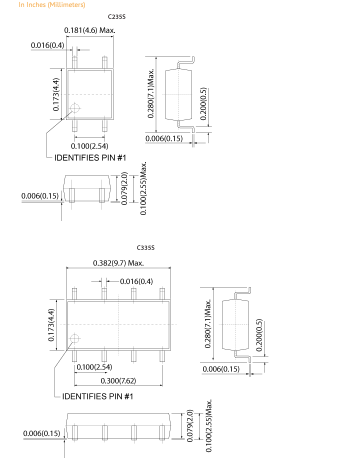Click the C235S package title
(x=116, y=17)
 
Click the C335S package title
(x=145, y=248)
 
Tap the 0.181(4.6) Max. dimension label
(x=90, y=30)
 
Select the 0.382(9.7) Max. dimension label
(x=118, y=263)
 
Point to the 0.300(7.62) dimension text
(x=118, y=380)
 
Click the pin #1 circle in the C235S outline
(x=74, y=108)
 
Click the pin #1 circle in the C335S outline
(x=74, y=338)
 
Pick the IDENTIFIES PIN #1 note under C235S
(x=90, y=158)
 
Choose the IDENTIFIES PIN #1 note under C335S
(x=97, y=396)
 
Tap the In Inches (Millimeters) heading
(x=52, y=5)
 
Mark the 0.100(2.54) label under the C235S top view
(x=89, y=146)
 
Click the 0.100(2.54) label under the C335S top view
(x=94, y=367)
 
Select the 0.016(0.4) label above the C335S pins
(x=136, y=281)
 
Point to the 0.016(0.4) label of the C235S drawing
(x=47, y=45)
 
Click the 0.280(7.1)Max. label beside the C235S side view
(x=151, y=93)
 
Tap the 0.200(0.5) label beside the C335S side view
(x=259, y=335)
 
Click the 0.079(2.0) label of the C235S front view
(x=124, y=188)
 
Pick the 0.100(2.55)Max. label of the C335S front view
(x=209, y=425)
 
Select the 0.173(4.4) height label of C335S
(x=51, y=325)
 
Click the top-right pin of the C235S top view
(x=104, y=62)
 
